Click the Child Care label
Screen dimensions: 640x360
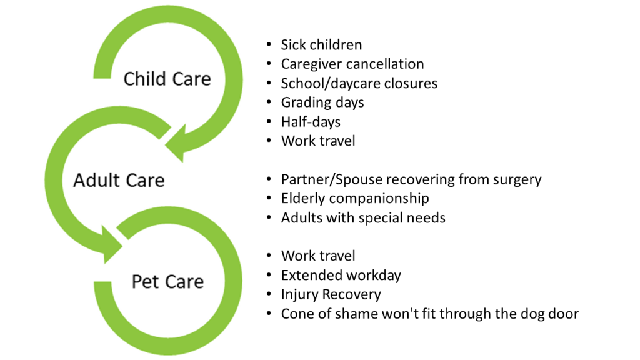[167, 79]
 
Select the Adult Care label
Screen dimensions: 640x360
[119, 180]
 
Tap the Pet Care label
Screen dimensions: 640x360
[167, 282]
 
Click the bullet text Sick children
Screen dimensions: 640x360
[321, 44]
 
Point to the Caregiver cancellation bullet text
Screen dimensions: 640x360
[352, 64]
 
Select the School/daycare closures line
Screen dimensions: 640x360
[359, 83]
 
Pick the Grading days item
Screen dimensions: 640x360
[322, 102]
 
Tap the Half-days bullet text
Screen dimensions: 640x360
[311, 122]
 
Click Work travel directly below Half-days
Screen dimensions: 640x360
[318, 141]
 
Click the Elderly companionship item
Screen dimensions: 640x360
[355, 199]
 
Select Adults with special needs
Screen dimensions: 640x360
[363, 217]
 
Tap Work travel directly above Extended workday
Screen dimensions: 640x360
[318, 256]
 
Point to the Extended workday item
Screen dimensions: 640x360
[341, 276]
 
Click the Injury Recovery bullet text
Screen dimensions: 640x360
[331, 294]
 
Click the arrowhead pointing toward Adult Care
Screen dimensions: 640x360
[176, 143]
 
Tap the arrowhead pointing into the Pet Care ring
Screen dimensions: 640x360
[112, 244]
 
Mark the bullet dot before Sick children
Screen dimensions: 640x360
[269, 44]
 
